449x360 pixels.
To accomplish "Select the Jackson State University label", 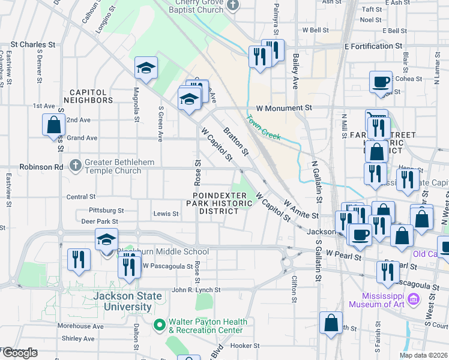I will tap(127, 301).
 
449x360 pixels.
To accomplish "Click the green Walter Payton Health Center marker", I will tap(159, 325).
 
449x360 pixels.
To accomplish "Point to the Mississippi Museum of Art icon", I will tap(413, 299).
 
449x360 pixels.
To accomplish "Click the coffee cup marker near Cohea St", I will tap(381, 82).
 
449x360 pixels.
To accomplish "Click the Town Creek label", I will tap(264, 128).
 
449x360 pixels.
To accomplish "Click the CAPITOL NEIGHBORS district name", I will tap(88, 96).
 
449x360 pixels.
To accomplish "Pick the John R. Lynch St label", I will tap(196, 290).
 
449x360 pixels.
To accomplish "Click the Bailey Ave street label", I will tap(296, 71).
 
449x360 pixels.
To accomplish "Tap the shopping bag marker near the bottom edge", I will tap(331, 323).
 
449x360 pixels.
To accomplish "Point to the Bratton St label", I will tap(235, 140).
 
